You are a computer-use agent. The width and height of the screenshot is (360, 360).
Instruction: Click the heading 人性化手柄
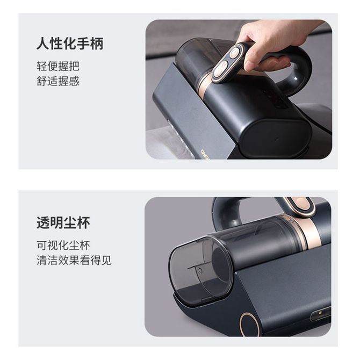(70, 44)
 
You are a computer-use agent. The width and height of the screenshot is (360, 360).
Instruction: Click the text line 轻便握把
(58, 66)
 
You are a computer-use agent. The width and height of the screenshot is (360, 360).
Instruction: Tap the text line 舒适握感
(58, 81)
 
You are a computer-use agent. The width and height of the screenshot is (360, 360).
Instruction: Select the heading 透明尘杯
(63, 222)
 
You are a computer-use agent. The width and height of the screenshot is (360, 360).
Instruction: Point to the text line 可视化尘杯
(63, 246)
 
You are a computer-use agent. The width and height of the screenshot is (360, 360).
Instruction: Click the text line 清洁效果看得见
(74, 261)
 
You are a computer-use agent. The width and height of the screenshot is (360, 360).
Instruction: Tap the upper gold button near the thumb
(235, 53)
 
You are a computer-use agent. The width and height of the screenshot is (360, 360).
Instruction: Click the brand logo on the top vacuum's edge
(204, 154)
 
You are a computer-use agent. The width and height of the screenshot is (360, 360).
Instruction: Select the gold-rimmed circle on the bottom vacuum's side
(249, 323)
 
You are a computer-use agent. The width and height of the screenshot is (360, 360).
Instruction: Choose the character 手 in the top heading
(83, 44)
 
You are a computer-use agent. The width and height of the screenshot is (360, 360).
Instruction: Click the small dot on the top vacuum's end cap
(277, 139)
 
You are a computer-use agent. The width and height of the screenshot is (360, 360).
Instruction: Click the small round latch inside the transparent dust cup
(199, 271)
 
